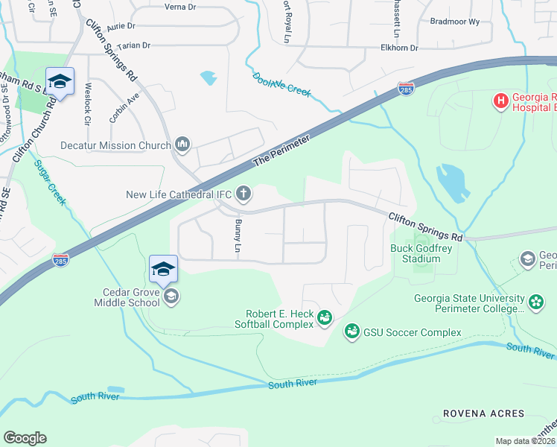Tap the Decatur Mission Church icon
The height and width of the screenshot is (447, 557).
point(182,145)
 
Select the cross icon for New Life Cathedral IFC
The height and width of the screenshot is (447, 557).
point(243,194)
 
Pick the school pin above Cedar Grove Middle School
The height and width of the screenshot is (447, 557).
point(163,269)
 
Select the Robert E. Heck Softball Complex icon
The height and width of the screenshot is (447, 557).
point(325,318)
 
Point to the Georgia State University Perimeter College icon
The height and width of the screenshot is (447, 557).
point(536,302)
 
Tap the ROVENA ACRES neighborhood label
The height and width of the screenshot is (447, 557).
point(483,413)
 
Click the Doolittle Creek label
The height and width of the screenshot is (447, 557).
point(281,83)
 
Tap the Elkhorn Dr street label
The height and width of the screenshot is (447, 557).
point(398,48)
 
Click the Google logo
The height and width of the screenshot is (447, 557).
point(25,438)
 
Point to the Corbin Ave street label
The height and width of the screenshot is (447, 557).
point(124,106)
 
